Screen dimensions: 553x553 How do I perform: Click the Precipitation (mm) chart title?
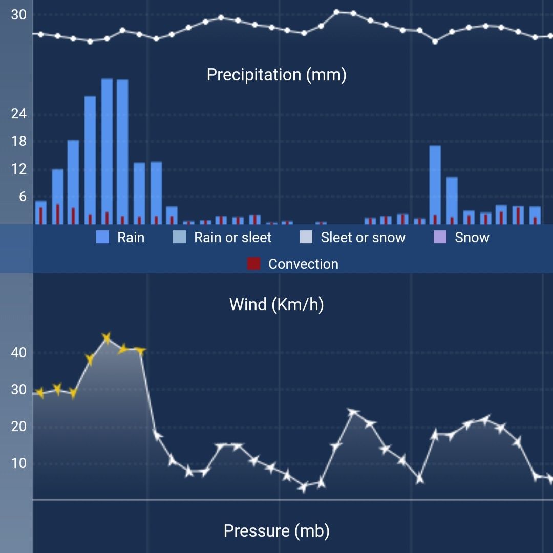pyautogui.click(x=276, y=75)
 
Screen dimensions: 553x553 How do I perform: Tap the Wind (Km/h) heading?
pyautogui.click(x=276, y=305)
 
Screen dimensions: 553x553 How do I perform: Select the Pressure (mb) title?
pyautogui.click(x=276, y=531)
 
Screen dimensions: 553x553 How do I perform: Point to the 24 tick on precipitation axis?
pyautogui.click(x=18, y=114)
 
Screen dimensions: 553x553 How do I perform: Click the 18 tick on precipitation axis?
pyautogui.click(x=18, y=142)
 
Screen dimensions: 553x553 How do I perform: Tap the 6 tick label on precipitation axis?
pyautogui.click(x=22, y=197)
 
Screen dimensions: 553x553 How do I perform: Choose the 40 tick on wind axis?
pyautogui.click(x=18, y=353)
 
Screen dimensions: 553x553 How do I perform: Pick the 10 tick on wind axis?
pyautogui.click(x=18, y=463)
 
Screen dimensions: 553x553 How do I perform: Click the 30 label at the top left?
pyautogui.click(x=18, y=15)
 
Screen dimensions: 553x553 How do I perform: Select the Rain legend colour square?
pyautogui.click(x=103, y=237)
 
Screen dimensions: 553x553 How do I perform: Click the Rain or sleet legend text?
pyautogui.click(x=232, y=238)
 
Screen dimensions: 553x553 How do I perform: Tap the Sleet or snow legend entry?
pyautogui.click(x=363, y=238)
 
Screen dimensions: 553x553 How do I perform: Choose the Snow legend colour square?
pyautogui.click(x=440, y=237)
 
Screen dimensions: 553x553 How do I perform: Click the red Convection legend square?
pyautogui.click(x=253, y=264)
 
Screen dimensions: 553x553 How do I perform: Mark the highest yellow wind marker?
pyautogui.click(x=107, y=338)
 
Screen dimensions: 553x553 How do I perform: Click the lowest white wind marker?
pyautogui.click(x=304, y=487)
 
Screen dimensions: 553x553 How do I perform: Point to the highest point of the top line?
pyautogui.click(x=336, y=12)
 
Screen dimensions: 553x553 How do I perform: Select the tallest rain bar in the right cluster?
pyautogui.click(x=435, y=184)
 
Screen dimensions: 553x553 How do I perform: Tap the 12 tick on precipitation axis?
pyautogui.click(x=18, y=169)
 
